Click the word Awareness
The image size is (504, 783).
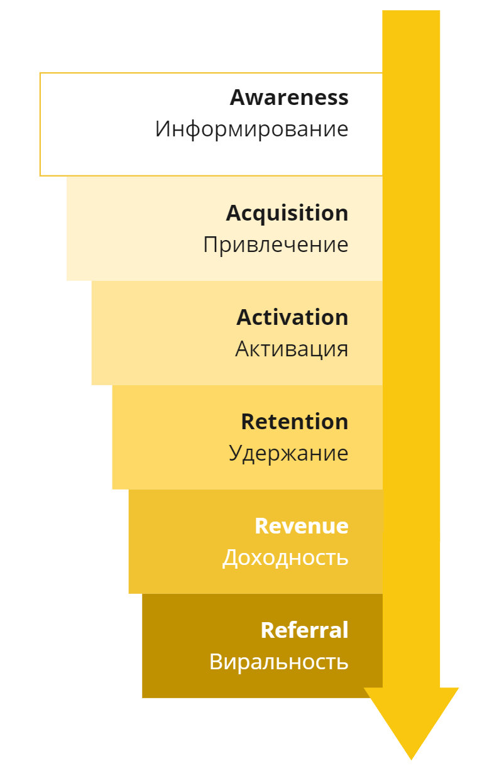tap(288, 97)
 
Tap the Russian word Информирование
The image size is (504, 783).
tap(251, 129)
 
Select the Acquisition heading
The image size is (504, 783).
tap(287, 213)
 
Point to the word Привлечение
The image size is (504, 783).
tap(275, 244)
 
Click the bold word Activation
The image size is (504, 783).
tap(292, 317)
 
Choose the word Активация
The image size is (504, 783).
tap(292, 349)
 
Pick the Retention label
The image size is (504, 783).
tap(294, 422)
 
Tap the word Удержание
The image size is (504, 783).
tap(288, 453)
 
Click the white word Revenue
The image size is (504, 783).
tap(301, 526)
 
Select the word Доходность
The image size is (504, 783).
tap(285, 557)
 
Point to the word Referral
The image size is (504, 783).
tap(304, 630)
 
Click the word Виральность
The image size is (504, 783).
tap(278, 662)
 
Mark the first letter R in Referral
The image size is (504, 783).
tap(268, 630)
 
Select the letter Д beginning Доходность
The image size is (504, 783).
tap(230, 558)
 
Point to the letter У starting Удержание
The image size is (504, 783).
tap(236, 453)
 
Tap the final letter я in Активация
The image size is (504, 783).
tap(342, 349)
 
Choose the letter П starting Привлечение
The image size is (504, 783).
tap(211, 244)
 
